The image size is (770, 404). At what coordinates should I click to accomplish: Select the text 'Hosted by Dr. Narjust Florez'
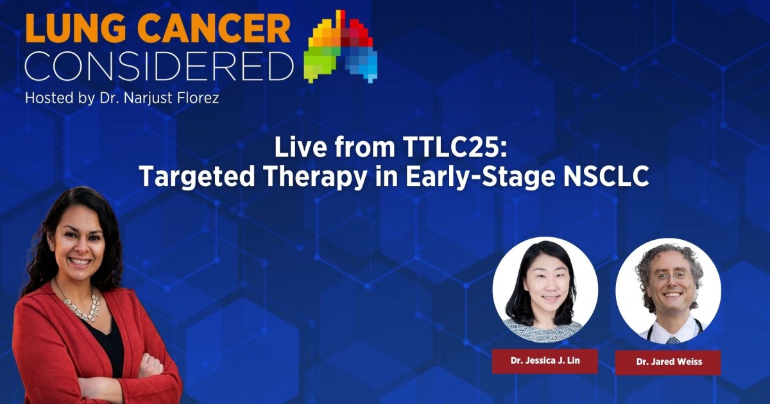click(122, 99)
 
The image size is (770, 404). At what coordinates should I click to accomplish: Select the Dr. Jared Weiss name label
click(668, 362)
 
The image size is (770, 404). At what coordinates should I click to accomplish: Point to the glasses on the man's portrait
click(668, 276)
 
